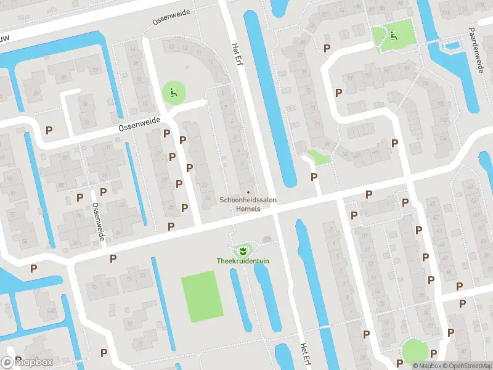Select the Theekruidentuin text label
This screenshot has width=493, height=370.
click(243, 261)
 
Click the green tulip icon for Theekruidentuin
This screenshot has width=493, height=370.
click(243, 250)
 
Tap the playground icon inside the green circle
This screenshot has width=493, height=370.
click(173, 94)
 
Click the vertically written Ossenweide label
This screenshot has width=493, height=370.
click(97, 222)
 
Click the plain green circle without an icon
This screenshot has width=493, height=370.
click(414, 351)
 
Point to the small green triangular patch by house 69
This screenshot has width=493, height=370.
click(320, 157)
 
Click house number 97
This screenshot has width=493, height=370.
click(349, 78)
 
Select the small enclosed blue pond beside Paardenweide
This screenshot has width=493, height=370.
click(454, 44)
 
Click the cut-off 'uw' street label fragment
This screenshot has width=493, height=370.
click(5, 38)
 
